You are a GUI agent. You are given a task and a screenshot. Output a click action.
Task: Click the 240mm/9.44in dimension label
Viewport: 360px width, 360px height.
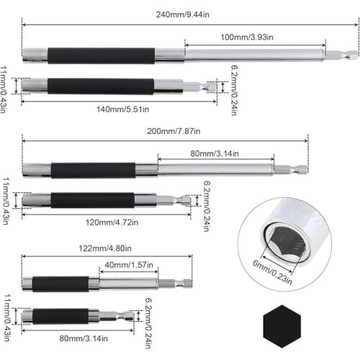click(183, 14)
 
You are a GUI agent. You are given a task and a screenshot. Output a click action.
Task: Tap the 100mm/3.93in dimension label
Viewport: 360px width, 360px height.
click(247, 37)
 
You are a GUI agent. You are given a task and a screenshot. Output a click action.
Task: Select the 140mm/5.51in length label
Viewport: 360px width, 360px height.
click(122, 109)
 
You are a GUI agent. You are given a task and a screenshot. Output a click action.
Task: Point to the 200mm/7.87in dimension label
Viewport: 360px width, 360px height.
click(174, 131)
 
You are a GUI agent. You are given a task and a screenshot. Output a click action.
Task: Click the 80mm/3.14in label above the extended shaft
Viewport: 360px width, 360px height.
click(215, 153)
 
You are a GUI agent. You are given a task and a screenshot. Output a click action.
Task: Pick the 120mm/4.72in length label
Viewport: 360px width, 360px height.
click(112, 222)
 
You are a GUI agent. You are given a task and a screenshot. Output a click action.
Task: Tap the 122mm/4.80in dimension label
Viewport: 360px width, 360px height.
click(105, 248)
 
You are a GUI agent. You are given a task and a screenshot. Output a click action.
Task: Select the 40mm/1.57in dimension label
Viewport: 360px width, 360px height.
click(129, 265)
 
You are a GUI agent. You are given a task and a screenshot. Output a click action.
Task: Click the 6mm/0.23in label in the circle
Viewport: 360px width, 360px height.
click(272, 272)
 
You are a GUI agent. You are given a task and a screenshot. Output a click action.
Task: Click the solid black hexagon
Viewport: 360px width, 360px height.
click(282, 326)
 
